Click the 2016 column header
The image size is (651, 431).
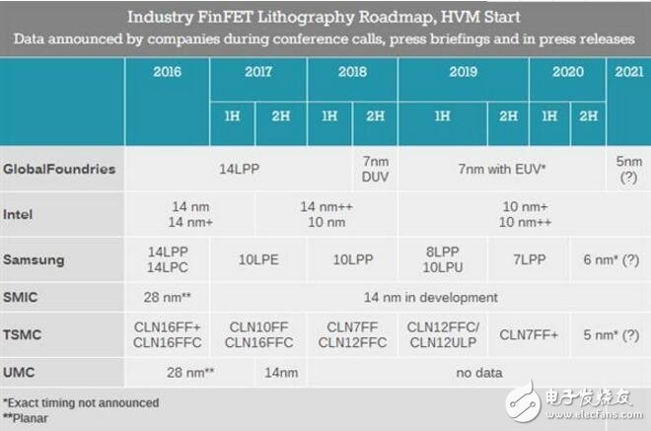click(x=167, y=72)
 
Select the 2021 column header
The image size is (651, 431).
click(x=628, y=72)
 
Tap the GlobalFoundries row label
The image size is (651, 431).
click(x=59, y=169)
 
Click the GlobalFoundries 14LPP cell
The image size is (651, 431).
click(x=239, y=169)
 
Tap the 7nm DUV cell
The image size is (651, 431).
click(x=375, y=169)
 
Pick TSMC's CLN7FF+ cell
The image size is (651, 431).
click(x=529, y=334)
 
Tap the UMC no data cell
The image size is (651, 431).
click(x=477, y=373)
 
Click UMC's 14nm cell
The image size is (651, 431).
click(x=282, y=373)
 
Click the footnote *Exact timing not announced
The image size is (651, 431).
click(x=81, y=402)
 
